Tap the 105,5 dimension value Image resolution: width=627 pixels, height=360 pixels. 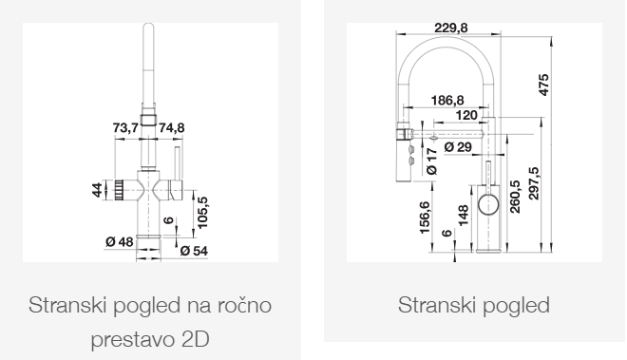click(x=203, y=208)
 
